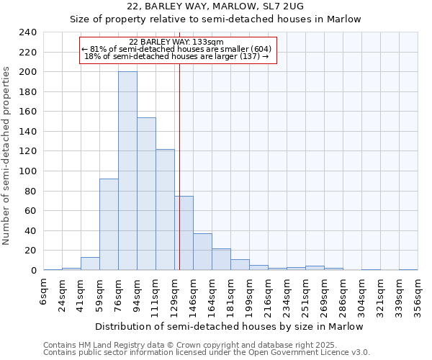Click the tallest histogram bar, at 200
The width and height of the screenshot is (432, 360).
pos(127,171)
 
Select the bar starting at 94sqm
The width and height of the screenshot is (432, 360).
pos(146,194)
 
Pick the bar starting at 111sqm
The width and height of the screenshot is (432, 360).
pos(165,210)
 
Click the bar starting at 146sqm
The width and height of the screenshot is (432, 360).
pos(202,251)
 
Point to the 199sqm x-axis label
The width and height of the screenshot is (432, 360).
pos(249,293)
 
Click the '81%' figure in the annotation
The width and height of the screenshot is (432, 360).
pos(98,49)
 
